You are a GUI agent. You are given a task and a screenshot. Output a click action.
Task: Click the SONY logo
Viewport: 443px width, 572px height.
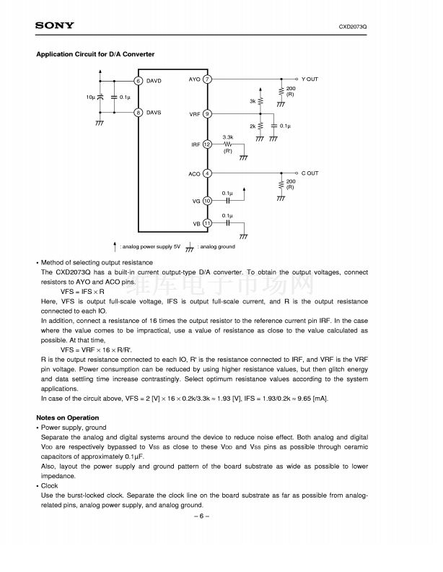tap(54, 26)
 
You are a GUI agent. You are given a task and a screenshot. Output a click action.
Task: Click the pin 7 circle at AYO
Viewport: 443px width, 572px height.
tap(207, 79)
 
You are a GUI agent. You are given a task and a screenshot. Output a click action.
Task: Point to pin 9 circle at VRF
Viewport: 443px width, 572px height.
tap(207, 114)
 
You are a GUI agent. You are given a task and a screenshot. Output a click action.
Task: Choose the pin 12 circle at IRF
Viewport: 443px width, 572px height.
tap(207, 144)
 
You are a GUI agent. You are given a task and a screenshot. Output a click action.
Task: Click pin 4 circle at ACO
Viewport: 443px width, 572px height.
tap(207, 173)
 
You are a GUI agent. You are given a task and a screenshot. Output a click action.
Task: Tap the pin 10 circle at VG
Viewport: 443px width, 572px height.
tap(207, 201)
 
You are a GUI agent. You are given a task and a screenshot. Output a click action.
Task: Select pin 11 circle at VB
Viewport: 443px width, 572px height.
tap(207, 223)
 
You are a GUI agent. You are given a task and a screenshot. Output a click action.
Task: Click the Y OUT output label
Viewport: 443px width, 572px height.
tap(310, 79)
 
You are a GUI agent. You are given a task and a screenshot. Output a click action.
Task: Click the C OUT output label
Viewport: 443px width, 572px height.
tap(310, 173)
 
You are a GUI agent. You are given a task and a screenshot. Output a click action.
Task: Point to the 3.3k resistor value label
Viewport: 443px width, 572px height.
tap(228, 136)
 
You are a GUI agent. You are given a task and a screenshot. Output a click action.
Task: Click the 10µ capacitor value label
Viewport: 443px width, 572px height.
tap(90, 97)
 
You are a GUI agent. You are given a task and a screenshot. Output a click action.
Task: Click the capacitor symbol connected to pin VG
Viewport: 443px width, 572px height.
tap(228, 201)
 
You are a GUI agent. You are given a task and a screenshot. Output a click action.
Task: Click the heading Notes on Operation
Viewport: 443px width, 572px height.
tap(68, 417)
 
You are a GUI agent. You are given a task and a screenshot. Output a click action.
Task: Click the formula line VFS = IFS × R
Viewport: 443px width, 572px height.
tap(82, 291)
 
